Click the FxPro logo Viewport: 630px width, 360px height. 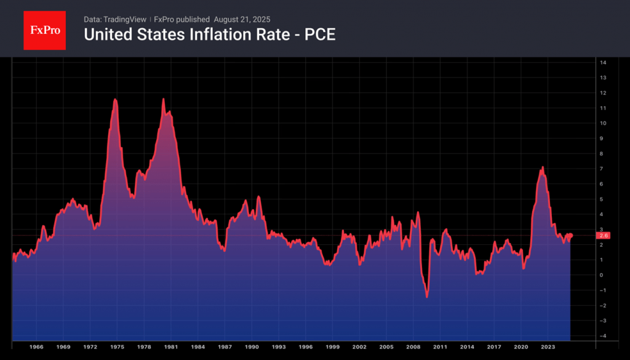[x=44, y=30]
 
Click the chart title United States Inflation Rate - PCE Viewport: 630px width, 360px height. [x=209, y=35]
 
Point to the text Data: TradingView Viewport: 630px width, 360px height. [x=115, y=19]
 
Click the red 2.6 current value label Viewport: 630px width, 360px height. [x=604, y=235]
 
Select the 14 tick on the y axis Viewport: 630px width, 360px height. [x=603, y=63]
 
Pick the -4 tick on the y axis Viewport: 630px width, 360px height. [x=603, y=335]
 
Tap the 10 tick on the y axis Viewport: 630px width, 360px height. [x=603, y=123]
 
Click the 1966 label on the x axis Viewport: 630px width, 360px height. [x=36, y=348]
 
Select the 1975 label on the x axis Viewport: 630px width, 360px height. [x=117, y=348]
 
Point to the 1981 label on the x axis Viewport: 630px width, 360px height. [x=171, y=348]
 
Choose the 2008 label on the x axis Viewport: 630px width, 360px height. [x=413, y=348]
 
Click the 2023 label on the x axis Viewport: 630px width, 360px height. [x=548, y=348]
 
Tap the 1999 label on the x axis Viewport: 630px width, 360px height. [x=332, y=348]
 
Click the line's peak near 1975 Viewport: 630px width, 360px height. [x=115, y=99]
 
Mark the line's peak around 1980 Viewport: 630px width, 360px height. [x=163, y=98]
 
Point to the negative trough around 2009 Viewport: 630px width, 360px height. [x=427, y=297]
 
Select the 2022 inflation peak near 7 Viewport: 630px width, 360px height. [x=542, y=167]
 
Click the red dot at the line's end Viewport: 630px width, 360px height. [x=570, y=236]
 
